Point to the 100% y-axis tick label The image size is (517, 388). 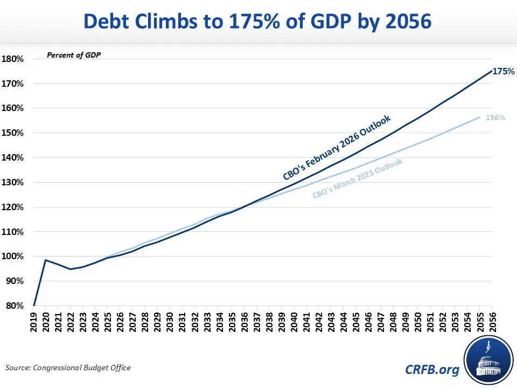pos(13,257)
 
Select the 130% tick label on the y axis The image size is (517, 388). pos(13,182)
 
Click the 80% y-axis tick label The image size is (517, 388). pos(15,306)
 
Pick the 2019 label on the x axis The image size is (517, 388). pos(34,322)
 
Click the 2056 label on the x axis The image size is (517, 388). pos(492,322)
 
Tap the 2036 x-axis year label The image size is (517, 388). pos(244,322)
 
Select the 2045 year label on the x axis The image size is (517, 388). pos(355,322)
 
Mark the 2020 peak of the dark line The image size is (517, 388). pos(46,260)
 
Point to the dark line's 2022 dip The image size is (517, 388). pos(71,269)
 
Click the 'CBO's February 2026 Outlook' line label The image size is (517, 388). pos(336,148)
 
